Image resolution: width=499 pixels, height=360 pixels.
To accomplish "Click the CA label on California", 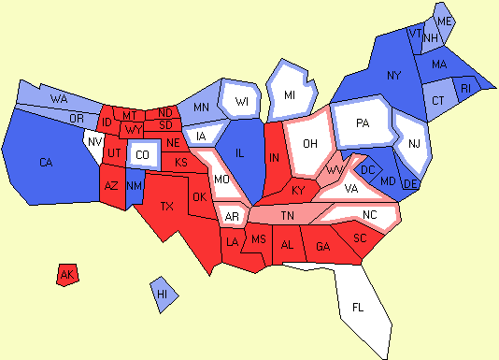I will coord(46,163).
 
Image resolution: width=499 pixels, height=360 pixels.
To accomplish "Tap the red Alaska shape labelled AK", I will coord(66,275).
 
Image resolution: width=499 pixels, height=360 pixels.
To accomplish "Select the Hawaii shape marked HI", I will coord(163,294).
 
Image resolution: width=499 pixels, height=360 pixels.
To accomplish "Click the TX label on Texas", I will coord(168,206).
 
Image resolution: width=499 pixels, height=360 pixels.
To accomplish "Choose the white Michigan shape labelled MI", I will coord(290,95).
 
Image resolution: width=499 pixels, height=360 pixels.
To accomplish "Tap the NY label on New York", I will coord(393,74).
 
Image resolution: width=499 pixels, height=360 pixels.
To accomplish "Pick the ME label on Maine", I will coord(445,21).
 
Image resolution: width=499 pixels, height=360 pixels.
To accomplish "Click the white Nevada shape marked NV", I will coord(93,143).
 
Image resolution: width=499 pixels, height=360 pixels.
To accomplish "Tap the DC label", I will coord(367,169).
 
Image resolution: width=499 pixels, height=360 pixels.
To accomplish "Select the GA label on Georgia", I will coord(323,246).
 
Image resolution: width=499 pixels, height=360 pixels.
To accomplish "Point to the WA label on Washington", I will coord(59,98).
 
